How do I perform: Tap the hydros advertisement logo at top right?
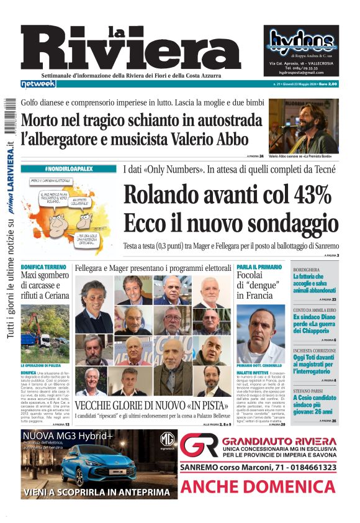click(304, 40)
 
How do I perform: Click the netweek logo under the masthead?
click(38, 83)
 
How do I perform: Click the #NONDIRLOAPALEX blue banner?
click(68, 169)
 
